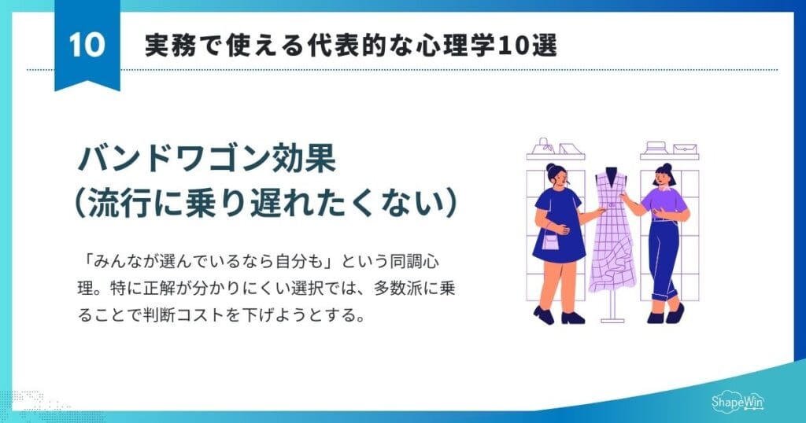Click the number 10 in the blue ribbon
87,45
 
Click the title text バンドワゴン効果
206,159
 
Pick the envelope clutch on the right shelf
685,149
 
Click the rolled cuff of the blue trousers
672,296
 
